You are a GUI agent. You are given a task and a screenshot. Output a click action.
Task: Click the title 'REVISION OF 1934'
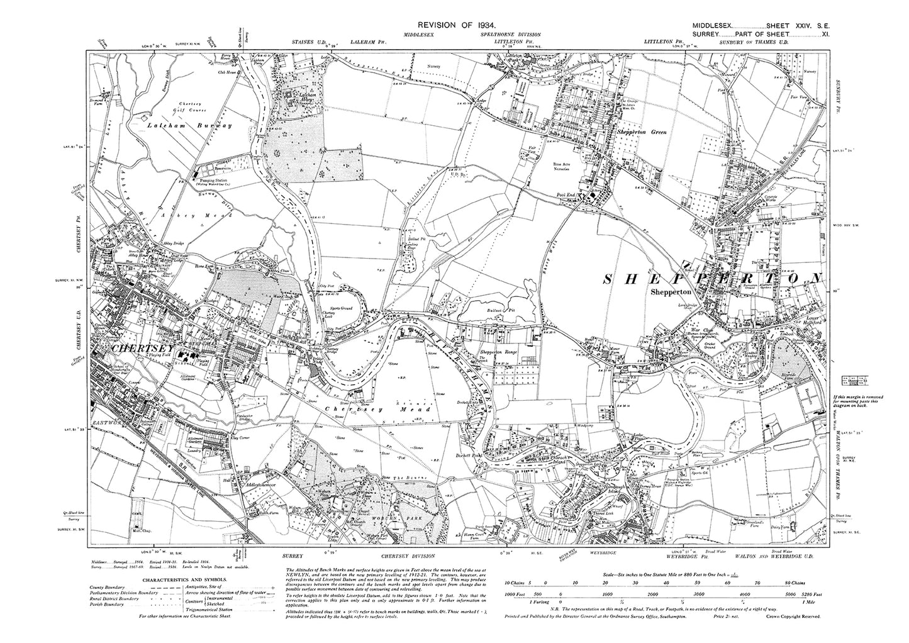click(x=454, y=23)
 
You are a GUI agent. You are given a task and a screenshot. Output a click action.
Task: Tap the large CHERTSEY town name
click(x=140, y=347)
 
